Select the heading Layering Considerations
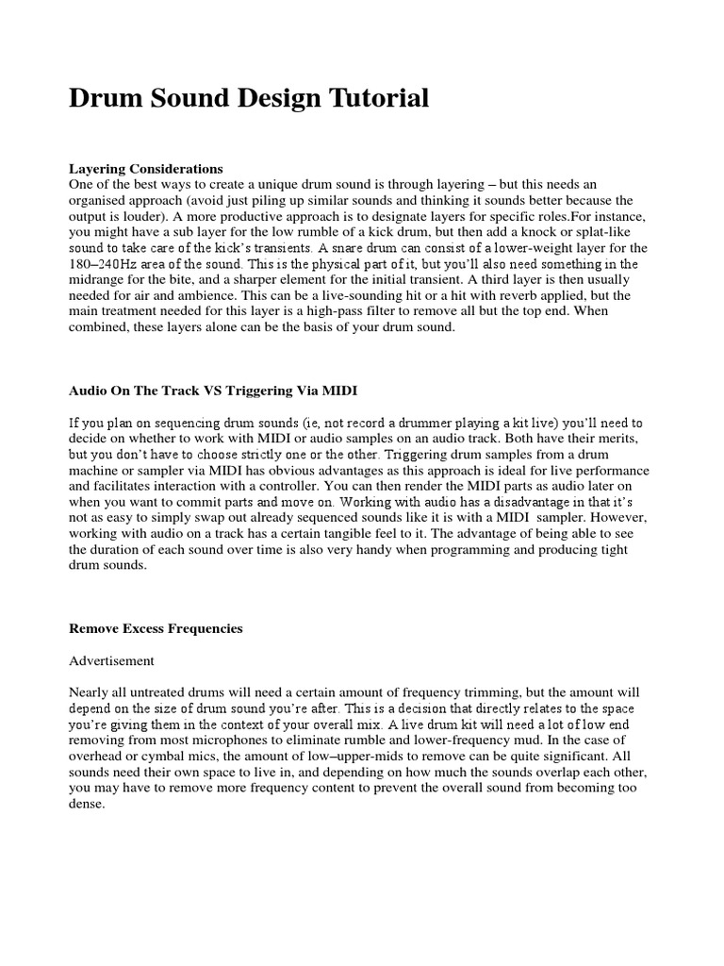coord(146,169)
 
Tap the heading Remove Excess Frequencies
coord(156,627)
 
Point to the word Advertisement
coord(112,660)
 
